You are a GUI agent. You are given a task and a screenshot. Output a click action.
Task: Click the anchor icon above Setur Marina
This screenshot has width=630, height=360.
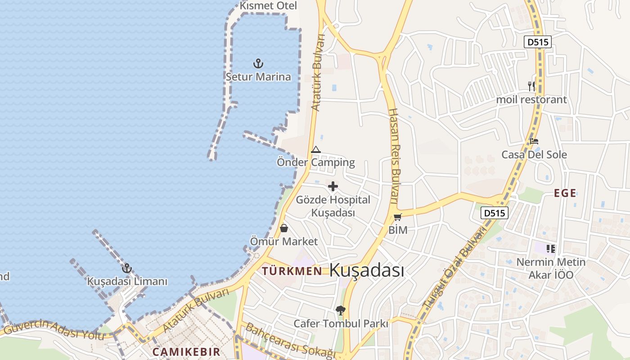coord(258,63)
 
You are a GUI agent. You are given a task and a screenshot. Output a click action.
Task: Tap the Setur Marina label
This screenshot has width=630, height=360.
coord(258,76)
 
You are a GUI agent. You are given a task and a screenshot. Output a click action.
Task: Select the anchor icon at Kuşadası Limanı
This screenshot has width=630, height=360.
coord(127,269)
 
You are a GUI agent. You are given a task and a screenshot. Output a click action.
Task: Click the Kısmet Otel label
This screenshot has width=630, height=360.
coord(268,6)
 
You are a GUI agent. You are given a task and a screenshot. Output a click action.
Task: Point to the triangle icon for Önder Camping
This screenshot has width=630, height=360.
coord(316,149)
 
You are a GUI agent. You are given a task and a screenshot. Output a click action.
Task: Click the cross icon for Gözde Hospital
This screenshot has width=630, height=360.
coord(333,186)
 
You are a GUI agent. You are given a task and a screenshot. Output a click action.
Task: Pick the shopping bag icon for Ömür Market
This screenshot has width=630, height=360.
coord(284,228)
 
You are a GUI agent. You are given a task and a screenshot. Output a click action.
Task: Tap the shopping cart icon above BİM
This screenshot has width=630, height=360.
coord(398,217)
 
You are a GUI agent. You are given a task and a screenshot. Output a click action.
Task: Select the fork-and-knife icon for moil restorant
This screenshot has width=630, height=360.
coord(531,86)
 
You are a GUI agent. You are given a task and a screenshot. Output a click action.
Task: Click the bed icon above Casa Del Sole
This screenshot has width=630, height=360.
coord(534,141)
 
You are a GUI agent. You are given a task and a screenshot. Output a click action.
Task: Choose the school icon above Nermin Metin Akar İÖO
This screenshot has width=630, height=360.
coord(551,248)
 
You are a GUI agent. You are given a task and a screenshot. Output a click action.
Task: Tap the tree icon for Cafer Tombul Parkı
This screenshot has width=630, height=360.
coord(341,310)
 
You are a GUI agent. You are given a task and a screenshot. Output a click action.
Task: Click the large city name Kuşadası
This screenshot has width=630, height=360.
coord(367,270)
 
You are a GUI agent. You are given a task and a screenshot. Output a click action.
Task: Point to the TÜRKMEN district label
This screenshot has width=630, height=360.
coord(292,271)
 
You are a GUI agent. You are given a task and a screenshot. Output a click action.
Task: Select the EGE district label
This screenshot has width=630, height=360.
coord(565,193)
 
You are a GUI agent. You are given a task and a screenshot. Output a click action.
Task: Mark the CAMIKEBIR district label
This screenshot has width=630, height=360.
coord(186,352)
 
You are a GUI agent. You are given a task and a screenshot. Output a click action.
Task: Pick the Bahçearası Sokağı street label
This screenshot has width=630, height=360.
coord(290,341)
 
